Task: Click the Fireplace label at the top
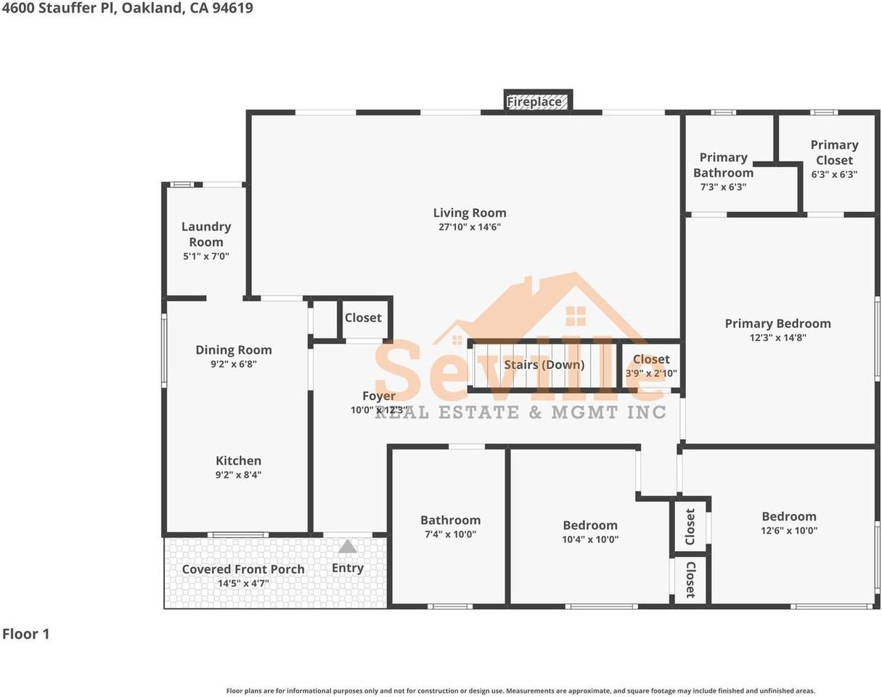pos(534,102)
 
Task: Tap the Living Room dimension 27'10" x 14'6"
pos(469,227)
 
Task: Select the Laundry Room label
pos(206,235)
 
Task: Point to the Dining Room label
pos(234,350)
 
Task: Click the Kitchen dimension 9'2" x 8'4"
pos(238,475)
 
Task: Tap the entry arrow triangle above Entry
pos(348,546)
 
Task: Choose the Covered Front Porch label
pos(243,569)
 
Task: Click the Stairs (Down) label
pos(544,364)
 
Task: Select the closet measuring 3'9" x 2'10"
pos(651,366)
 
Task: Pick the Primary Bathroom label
pos(723,165)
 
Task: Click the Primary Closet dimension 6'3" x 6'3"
pos(834,174)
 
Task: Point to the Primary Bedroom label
pos(777,324)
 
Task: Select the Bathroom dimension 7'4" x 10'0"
pos(450,534)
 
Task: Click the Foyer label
pos(379,396)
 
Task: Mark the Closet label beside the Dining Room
pos(363,318)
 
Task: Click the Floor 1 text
pos(25,634)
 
